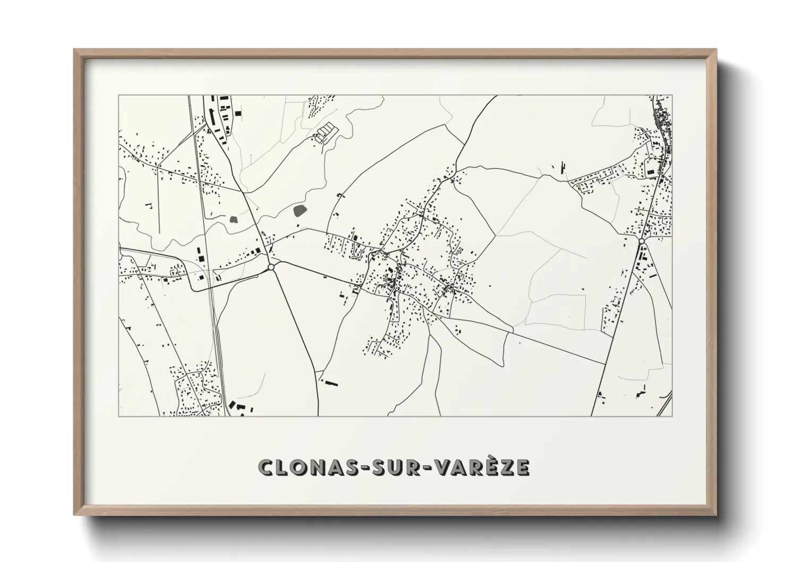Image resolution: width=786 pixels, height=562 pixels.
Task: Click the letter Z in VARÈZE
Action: (x=507, y=467)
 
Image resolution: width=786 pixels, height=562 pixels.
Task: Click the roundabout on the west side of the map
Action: (x=271, y=267)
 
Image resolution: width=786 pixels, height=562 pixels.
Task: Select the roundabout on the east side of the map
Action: (x=642, y=242)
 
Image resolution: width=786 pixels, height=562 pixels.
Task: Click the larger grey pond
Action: (x=301, y=210)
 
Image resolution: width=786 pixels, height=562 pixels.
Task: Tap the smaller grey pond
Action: (x=233, y=218)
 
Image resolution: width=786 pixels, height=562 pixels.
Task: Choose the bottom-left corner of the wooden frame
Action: (x=75, y=514)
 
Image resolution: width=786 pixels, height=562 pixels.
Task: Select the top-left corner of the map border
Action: (x=119, y=96)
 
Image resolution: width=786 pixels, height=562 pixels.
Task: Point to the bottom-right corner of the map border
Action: (x=672, y=416)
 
